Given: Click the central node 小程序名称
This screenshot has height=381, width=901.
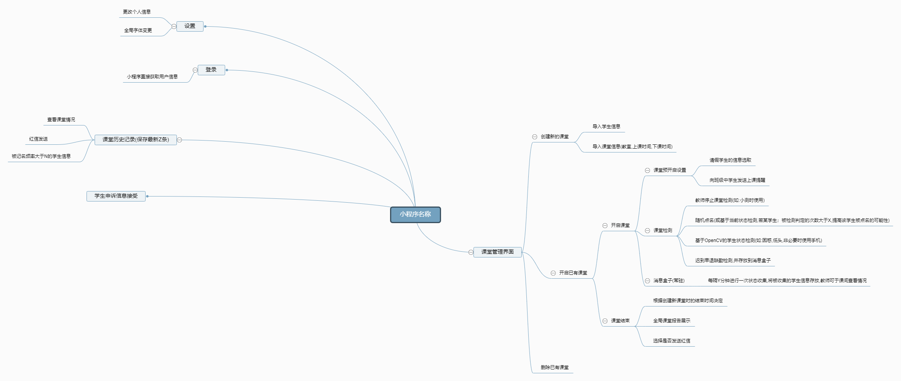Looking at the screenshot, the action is pyautogui.click(x=415, y=215).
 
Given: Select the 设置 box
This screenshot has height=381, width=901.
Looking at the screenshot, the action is pyautogui.click(x=190, y=26).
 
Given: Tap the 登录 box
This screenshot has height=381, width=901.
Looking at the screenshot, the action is pyautogui.click(x=211, y=70).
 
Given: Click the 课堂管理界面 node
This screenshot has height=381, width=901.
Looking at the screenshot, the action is pyautogui.click(x=497, y=252).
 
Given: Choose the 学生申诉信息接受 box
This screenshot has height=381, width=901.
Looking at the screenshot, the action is pyautogui.click(x=116, y=196).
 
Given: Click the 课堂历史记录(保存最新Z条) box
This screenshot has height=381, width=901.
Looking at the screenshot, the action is pyautogui.click(x=136, y=140).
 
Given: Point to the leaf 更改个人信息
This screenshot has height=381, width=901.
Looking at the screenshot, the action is pyautogui.click(x=137, y=12).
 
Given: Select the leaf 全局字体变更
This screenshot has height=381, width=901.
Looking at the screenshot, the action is pyautogui.click(x=138, y=30).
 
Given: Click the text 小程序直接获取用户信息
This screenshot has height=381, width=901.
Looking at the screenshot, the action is pyautogui.click(x=152, y=77).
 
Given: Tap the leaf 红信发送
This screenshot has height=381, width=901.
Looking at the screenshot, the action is pyautogui.click(x=38, y=139).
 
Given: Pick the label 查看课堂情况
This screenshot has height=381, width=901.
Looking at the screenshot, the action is pyautogui.click(x=61, y=120).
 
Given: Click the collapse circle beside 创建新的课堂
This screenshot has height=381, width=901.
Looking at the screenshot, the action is pyautogui.click(x=534, y=137).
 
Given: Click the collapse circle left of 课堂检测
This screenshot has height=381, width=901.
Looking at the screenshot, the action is pyautogui.click(x=647, y=230).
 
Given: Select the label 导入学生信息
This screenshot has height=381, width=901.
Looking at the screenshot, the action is pyautogui.click(x=606, y=127).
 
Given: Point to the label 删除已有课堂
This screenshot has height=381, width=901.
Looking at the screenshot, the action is pyautogui.click(x=555, y=367).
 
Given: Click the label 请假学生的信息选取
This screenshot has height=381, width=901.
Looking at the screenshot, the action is pyautogui.click(x=730, y=160).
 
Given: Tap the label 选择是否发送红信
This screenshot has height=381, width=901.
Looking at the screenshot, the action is pyautogui.click(x=672, y=341).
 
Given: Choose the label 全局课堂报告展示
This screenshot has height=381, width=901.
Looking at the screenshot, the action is pyautogui.click(x=672, y=321).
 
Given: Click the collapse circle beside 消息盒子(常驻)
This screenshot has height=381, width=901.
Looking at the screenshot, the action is pyautogui.click(x=647, y=281).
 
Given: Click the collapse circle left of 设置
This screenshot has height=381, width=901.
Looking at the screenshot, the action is pyautogui.click(x=174, y=26).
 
